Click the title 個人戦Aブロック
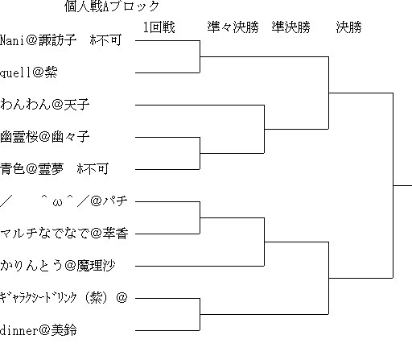[x=112, y=6]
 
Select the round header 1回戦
[x=159, y=27]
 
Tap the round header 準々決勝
[x=233, y=27]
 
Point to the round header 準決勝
[x=291, y=27]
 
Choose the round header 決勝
[x=348, y=27]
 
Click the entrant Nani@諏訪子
[x=38, y=40]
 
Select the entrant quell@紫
[x=28, y=72]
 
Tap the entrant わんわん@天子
[x=44, y=105]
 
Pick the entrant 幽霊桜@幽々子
[x=44, y=137]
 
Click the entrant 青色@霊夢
[x=31, y=169]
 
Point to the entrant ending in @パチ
[x=64, y=201]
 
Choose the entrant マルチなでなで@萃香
[x=64, y=234]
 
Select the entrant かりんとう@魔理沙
[x=57, y=266]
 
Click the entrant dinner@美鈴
[x=38, y=330]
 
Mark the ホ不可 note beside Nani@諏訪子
[x=105, y=40]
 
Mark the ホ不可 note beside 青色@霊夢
[x=93, y=169]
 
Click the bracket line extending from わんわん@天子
[x=200, y=105]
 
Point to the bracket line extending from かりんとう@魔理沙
[x=200, y=266]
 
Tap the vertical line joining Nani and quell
[x=200, y=56]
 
